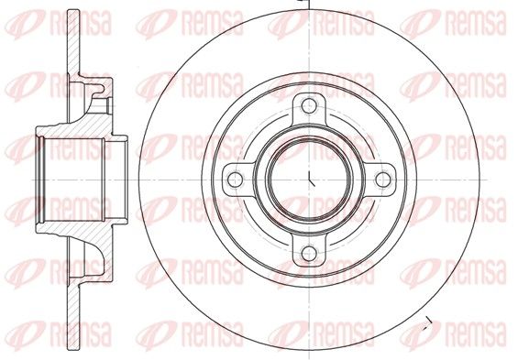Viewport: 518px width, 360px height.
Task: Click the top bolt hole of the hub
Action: click(309, 105)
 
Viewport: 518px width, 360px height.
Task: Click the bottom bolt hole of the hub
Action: click(309, 254)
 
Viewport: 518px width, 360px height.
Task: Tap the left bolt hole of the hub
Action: click(236, 180)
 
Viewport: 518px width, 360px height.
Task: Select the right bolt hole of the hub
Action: click(383, 180)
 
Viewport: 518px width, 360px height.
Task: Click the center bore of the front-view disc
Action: click(309, 180)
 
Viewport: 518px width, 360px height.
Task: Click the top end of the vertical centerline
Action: click(309, 1)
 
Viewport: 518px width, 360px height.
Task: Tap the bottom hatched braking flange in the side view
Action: click(73, 317)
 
